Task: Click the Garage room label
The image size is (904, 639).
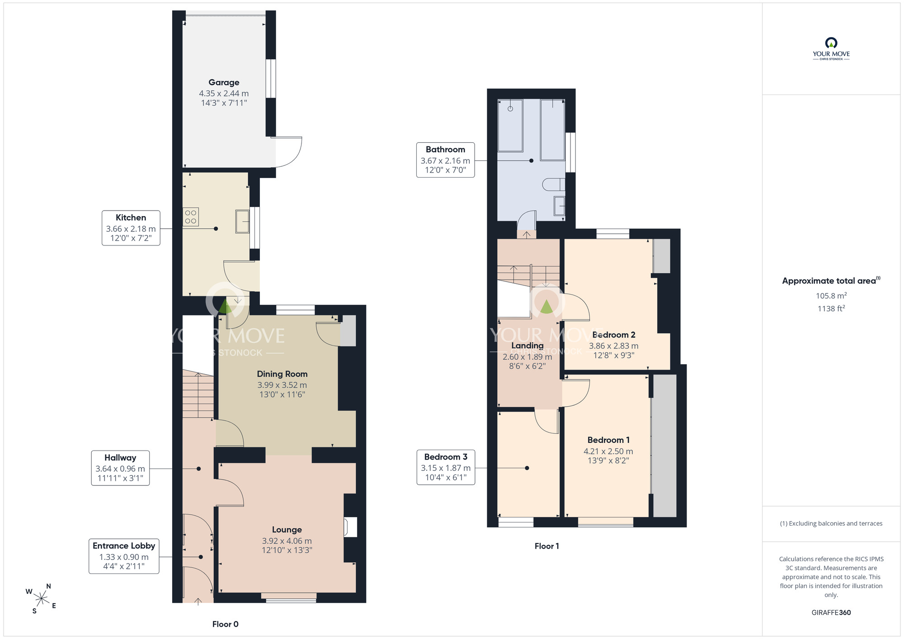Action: click(224, 82)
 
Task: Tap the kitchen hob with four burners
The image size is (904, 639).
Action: click(191, 217)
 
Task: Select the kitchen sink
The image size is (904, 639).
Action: click(242, 221)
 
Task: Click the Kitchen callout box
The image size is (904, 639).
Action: click(131, 228)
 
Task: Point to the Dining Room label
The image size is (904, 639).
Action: click(282, 374)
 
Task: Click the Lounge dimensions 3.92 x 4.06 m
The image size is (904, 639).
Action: click(287, 540)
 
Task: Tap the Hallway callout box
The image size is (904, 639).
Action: click(120, 468)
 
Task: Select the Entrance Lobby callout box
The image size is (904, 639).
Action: click(124, 556)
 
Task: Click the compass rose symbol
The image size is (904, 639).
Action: click(41, 599)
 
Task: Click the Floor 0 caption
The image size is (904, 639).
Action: click(225, 624)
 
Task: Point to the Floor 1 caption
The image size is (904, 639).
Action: click(546, 546)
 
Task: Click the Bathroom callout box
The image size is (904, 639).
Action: click(445, 160)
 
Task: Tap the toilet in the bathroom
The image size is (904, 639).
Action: click(554, 184)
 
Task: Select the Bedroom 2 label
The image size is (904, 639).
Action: click(613, 335)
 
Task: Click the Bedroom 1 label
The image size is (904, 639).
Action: click(608, 440)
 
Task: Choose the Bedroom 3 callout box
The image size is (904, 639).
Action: click(446, 467)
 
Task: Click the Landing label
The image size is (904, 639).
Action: click(527, 345)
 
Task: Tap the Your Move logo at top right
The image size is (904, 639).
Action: click(831, 49)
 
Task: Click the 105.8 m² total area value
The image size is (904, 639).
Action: click(831, 296)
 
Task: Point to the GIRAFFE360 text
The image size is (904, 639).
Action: click(831, 612)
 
